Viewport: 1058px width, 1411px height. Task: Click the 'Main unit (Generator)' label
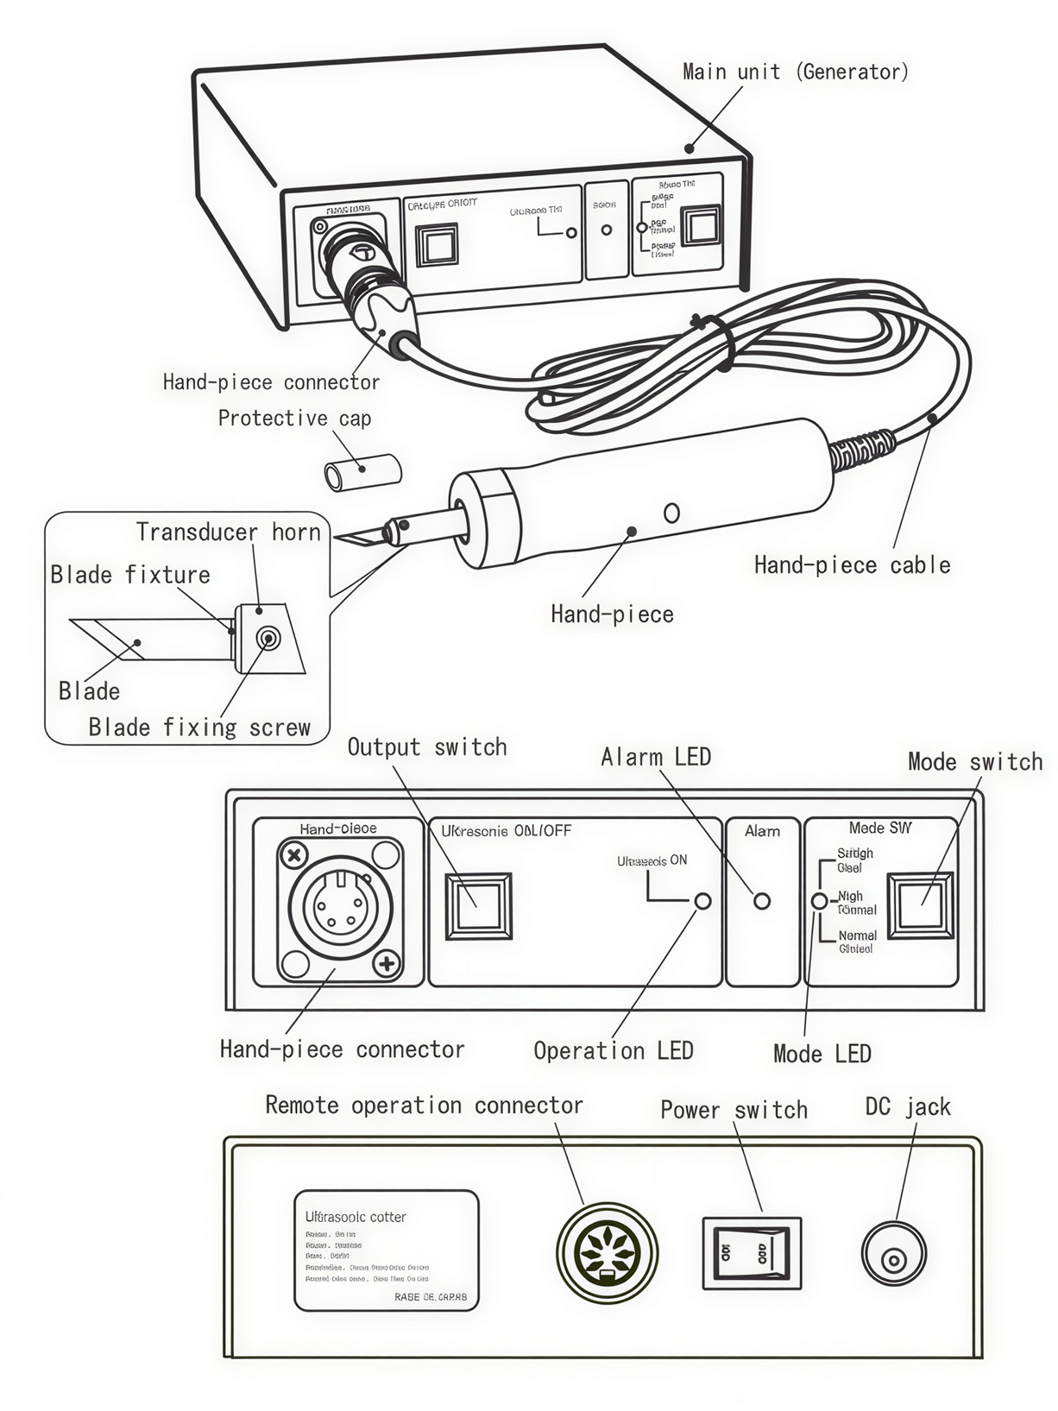(795, 72)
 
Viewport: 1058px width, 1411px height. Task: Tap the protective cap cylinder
(363, 472)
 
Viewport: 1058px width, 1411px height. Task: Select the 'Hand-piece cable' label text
(852, 565)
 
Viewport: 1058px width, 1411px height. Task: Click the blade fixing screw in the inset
(269, 639)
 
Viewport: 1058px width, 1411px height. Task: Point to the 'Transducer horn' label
(228, 532)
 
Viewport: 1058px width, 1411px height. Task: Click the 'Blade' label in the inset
(89, 690)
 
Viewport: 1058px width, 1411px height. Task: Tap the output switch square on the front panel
(478, 905)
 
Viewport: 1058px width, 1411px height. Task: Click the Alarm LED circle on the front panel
(762, 901)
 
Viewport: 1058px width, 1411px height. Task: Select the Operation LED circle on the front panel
(703, 901)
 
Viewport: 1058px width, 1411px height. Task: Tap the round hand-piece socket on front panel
(340, 908)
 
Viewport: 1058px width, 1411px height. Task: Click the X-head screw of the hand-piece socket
(295, 855)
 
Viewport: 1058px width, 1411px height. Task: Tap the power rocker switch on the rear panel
(752, 1253)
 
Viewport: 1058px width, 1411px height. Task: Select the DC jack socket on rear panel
(894, 1253)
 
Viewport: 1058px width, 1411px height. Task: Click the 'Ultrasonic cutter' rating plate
(386, 1250)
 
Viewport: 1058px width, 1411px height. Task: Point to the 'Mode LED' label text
(822, 1054)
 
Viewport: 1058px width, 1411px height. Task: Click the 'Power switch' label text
(734, 1110)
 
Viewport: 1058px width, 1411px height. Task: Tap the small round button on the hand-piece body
(671, 513)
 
